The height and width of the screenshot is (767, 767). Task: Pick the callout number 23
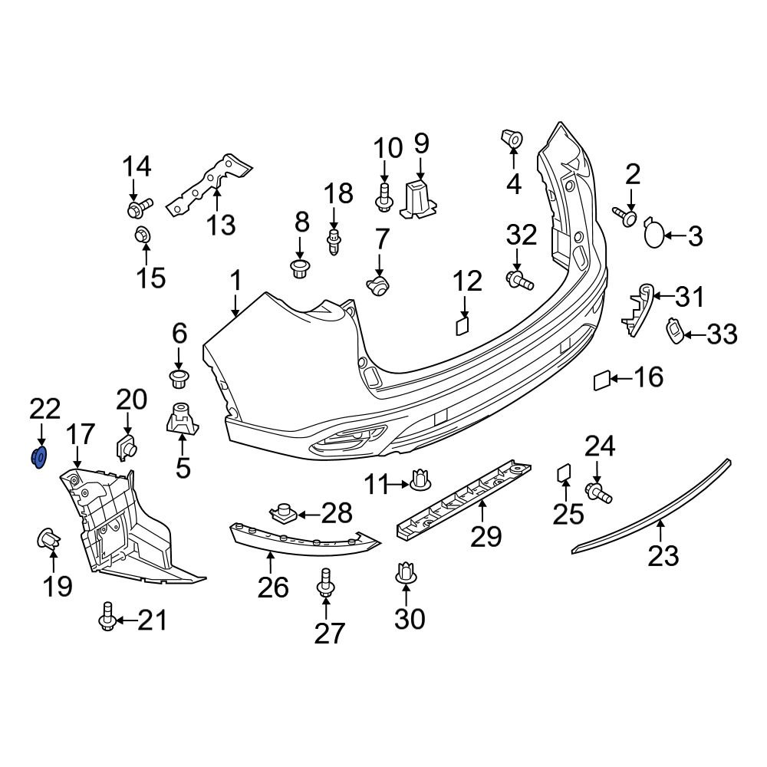click(663, 555)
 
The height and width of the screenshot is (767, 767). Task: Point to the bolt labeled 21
click(107, 618)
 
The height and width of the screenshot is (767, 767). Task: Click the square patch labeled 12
click(462, 326)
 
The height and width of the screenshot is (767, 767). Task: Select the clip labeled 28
click(285, 511)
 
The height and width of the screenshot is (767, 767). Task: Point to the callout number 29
click(486, 535)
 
